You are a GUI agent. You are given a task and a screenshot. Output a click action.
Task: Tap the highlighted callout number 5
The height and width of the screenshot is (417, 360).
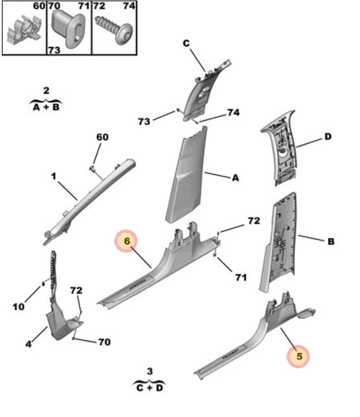[x=298, y=356]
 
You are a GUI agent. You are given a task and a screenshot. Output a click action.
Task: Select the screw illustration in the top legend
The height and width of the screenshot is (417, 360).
[x=114, y=27]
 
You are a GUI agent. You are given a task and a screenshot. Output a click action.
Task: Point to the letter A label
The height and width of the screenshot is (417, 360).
[x=235, y=178]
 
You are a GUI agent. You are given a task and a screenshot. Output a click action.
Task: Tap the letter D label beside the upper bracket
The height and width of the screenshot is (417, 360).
[x=328, y=136]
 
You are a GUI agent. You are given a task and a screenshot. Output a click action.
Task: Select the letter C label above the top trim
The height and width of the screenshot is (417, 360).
[x=186, y=44]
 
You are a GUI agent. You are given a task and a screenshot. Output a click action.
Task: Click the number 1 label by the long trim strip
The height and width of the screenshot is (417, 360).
[x=53, y=176]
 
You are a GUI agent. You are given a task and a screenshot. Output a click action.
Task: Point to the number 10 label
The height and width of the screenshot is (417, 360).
[x=18, y=307]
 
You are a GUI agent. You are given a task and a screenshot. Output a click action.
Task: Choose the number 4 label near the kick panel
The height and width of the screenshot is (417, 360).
[x=28, y=344]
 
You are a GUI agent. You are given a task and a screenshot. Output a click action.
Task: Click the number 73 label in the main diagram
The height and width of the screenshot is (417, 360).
[x=144, y=122]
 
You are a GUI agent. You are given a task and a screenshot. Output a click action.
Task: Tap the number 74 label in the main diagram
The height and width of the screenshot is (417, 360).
[x=233, y=113]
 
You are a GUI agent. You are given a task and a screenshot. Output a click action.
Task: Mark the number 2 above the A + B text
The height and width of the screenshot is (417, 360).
[x=46, y=91]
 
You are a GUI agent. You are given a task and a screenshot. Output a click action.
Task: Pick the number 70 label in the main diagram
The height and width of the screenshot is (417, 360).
[x=104, y=342]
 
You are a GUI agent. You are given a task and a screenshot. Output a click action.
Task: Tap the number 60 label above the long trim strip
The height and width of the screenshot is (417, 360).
[x=103, y=137]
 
